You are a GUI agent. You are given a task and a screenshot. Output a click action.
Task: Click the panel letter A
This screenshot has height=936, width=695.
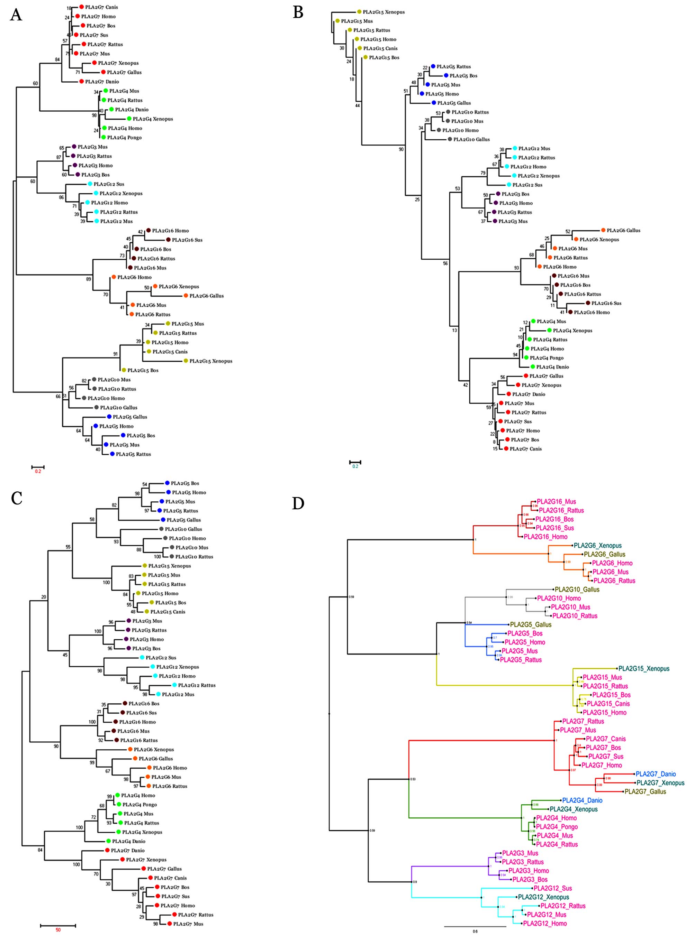[x=16, y=15]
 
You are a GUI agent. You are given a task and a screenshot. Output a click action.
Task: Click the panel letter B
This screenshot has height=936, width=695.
[x=298, y=12]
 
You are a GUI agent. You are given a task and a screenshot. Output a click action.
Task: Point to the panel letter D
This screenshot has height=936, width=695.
[x=298, y=503]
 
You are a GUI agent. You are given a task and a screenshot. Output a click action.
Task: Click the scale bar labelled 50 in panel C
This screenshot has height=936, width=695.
[x=58, y=925]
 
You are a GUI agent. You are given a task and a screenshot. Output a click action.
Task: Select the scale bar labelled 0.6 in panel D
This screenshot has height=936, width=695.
[x=475, y=926]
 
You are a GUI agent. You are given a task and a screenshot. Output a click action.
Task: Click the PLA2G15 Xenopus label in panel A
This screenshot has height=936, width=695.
[x=210, y=361]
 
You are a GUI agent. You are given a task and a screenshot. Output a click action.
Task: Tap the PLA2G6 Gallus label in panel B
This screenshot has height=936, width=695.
[x=623, y=230]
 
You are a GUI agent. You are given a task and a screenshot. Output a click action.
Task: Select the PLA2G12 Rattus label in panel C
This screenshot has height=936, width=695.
[x=197, y=685]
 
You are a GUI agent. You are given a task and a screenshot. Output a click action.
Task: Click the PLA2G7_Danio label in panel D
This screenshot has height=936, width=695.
[x=656, y=774]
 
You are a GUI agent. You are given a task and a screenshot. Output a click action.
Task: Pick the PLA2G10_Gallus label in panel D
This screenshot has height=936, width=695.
[x=577, y=590]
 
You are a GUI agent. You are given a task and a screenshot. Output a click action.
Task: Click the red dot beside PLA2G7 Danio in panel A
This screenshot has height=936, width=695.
[x=81, y=81]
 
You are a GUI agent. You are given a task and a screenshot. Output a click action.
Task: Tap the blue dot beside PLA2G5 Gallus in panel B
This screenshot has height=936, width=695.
[x=434, y=103]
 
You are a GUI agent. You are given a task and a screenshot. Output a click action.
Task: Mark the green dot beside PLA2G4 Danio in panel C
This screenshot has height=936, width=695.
[x=109, y=841]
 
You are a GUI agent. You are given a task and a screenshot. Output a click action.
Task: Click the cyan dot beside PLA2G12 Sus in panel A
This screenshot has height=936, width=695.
[x=90, y=184]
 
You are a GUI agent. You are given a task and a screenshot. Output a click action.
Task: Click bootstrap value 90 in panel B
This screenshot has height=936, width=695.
[x=401, y=149]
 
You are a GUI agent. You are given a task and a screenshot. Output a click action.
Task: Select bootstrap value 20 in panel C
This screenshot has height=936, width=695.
[x=44, y=597]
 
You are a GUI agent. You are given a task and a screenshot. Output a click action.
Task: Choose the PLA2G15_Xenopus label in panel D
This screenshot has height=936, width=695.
[x=650, y=669]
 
